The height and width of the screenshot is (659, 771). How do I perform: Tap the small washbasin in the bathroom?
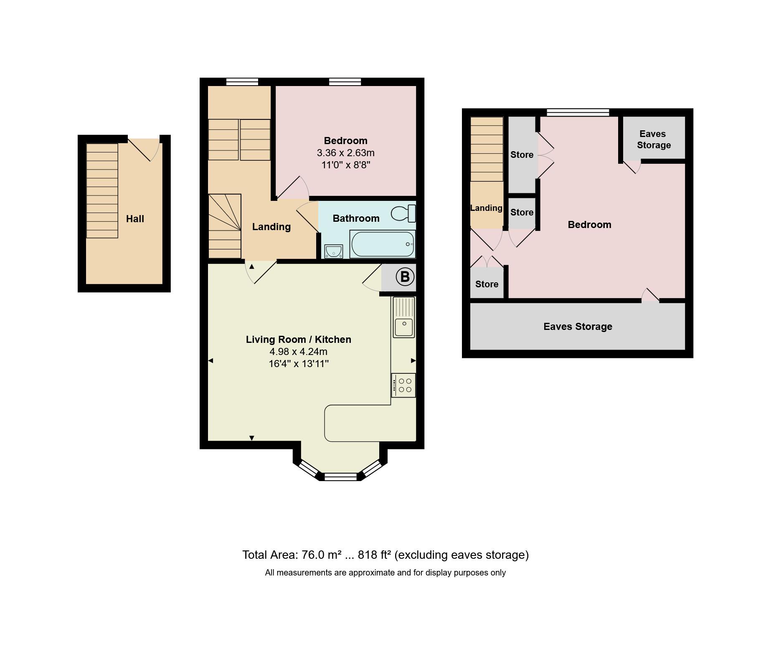coord(333,251)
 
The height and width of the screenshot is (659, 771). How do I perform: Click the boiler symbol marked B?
coord(404,277)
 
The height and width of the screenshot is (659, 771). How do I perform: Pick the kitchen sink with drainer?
coord(403,317)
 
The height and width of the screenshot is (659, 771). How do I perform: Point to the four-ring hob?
coord(403,385)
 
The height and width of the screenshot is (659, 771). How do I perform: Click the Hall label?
coord(135,219)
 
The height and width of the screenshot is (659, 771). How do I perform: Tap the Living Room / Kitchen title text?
coord(298,340)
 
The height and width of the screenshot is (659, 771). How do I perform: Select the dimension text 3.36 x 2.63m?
coord(345,153)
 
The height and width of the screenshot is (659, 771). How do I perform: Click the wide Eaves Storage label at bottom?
coord(578,327)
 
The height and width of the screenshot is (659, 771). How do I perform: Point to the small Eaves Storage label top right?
coord(653,139)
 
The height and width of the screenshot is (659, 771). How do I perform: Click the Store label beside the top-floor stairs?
coord(522,155)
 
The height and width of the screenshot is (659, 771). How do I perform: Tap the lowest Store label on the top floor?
coord(487,284)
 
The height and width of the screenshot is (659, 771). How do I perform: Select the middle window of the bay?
coord(341,477)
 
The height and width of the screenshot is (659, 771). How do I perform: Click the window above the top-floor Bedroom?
coord(578,112)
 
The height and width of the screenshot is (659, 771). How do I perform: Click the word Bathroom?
coord(356,218)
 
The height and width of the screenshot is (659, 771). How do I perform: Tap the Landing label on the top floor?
coord(486,208)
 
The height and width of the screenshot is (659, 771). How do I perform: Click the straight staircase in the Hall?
coord(102,191)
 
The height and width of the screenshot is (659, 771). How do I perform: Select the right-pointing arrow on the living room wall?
coord(413,360)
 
